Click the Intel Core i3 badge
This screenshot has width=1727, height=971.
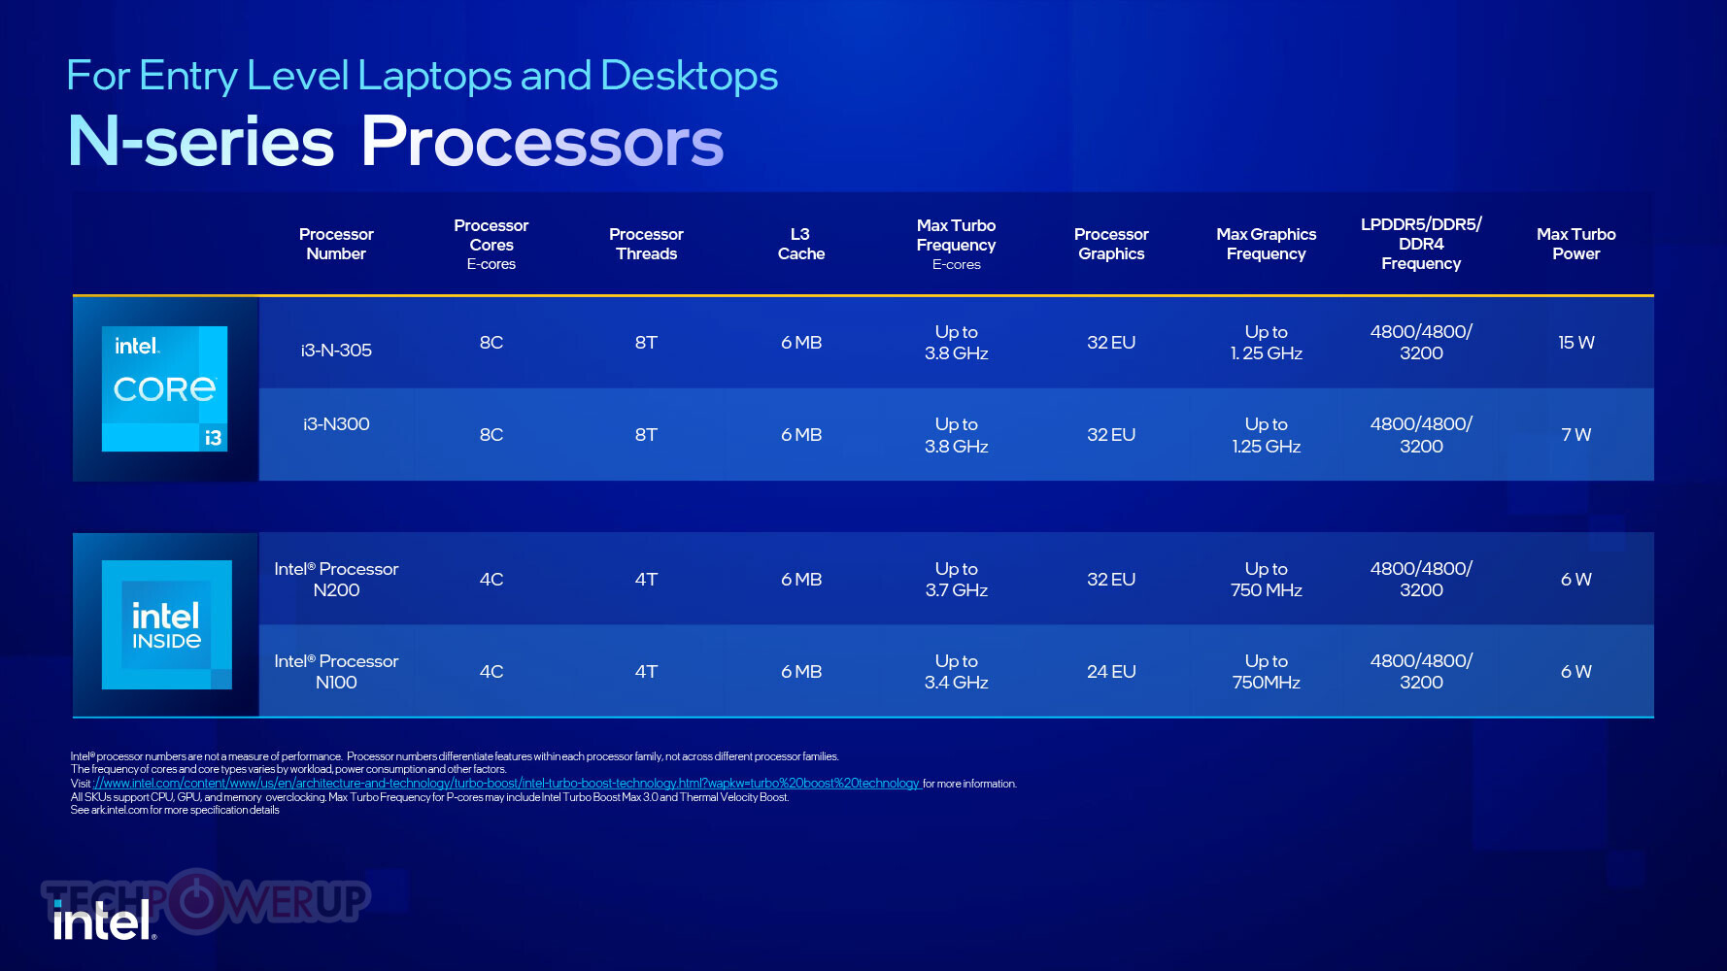pos(165,388)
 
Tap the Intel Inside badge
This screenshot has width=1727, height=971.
pos(167,624)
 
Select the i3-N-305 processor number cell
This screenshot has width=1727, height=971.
pos(336,351)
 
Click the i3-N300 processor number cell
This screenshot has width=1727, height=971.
pos(336,424)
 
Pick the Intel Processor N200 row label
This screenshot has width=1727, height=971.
pos(336,580)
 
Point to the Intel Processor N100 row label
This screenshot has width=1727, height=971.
pos(336,672)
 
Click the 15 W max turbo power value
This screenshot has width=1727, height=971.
pos(1576,343)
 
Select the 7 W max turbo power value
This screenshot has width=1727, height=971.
pos(1576,435)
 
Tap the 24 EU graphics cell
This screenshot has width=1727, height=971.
pos(1111,672)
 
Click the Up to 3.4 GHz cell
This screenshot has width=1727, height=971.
pos(957,672)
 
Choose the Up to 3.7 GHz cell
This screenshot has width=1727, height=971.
pos(957,580)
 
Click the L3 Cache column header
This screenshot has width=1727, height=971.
pos(801,244)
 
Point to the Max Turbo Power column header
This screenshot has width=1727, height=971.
pos(1576,244)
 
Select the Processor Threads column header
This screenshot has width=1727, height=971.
pos(646,244)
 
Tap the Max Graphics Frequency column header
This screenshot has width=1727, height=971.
pos(1267,244)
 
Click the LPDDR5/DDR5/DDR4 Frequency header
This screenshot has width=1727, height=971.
pos(1421,244)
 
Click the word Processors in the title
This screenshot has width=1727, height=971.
pos(542,142)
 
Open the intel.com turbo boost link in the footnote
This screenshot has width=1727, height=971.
pos(507,784)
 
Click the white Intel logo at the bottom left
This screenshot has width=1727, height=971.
pos(103,920)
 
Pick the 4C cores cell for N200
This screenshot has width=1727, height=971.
pos(491,580)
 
